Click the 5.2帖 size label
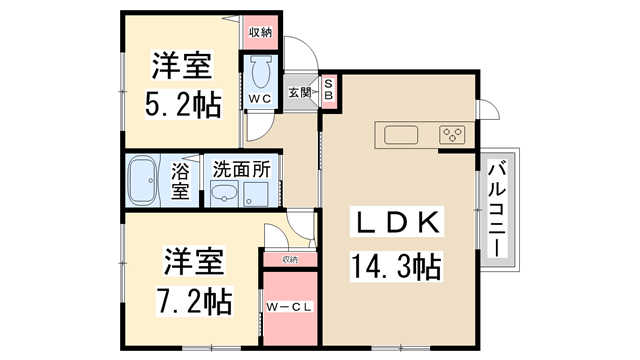[x=180, y=103]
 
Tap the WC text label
[x=261, y=100]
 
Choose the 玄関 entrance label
[x=300, y=93]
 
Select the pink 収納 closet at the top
[x=260, y=32]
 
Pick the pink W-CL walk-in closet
[x=289, y=307]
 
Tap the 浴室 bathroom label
[x=181, y=180]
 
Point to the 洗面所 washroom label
[x=241, y=168]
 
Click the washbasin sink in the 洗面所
[x=226, y=194]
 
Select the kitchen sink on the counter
[x=397, y=135]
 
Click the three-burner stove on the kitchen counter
[x=451, y=135]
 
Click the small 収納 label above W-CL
[x=289, y=260]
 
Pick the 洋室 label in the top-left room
[x=181, y=67]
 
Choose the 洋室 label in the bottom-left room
[x=195, y=262]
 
